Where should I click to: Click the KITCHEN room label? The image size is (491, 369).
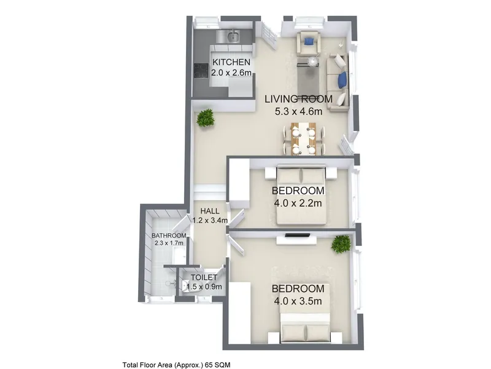click(231, 62)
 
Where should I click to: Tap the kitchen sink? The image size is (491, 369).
click(233, 36)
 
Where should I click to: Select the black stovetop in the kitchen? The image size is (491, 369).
click(201, 71)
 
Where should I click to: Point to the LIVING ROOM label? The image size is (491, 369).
click(298, 99)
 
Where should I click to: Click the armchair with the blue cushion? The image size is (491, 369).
click(309, 42)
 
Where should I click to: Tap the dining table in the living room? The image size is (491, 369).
click(303, 139)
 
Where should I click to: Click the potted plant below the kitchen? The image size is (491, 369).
click(206, 118)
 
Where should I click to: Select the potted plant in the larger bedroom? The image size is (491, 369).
click(341, 244)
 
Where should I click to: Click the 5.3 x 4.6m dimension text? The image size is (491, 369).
click(298, 111)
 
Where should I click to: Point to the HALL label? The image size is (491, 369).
click(210, 211)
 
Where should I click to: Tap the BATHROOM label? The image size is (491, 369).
click(169, 236)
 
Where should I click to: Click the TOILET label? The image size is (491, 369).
click(204, 277)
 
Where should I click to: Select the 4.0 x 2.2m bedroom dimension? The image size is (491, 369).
click(298, 203)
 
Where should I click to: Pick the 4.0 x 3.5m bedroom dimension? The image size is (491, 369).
click(298, 301)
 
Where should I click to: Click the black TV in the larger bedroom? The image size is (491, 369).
click(298, 235)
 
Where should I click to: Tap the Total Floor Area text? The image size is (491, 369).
click(176, 365)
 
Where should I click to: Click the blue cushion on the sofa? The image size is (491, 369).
click(342, 80)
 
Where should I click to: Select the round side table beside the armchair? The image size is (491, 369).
click(312, 62)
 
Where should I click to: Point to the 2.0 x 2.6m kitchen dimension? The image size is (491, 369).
click(231, 73)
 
